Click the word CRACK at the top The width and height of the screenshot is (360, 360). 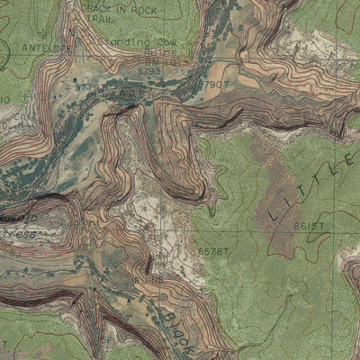(96, 6)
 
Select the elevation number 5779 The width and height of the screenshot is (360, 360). (87, 87)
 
